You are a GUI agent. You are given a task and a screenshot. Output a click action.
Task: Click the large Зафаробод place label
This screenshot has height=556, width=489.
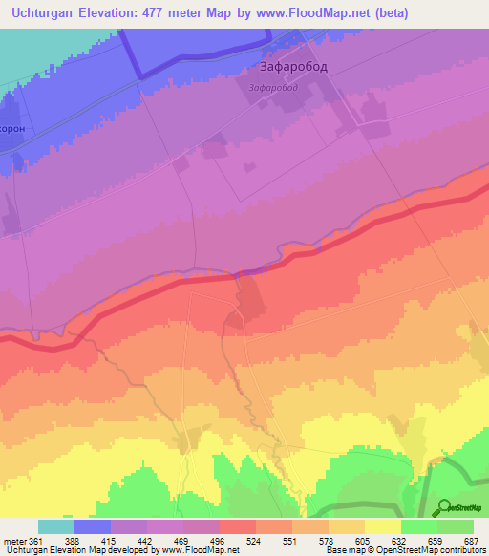[298, 69]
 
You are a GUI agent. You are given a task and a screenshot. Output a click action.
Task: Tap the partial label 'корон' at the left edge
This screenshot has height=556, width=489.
[11, 126]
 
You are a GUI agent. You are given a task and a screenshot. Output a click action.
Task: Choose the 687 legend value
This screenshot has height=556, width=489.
[472, 542]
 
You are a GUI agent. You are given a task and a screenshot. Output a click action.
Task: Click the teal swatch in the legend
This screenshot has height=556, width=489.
[56, 526]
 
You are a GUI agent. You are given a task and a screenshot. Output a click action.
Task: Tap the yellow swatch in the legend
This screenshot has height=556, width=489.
[383, 526]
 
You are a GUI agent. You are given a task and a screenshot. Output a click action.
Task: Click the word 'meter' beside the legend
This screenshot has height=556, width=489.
[14, 542]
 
